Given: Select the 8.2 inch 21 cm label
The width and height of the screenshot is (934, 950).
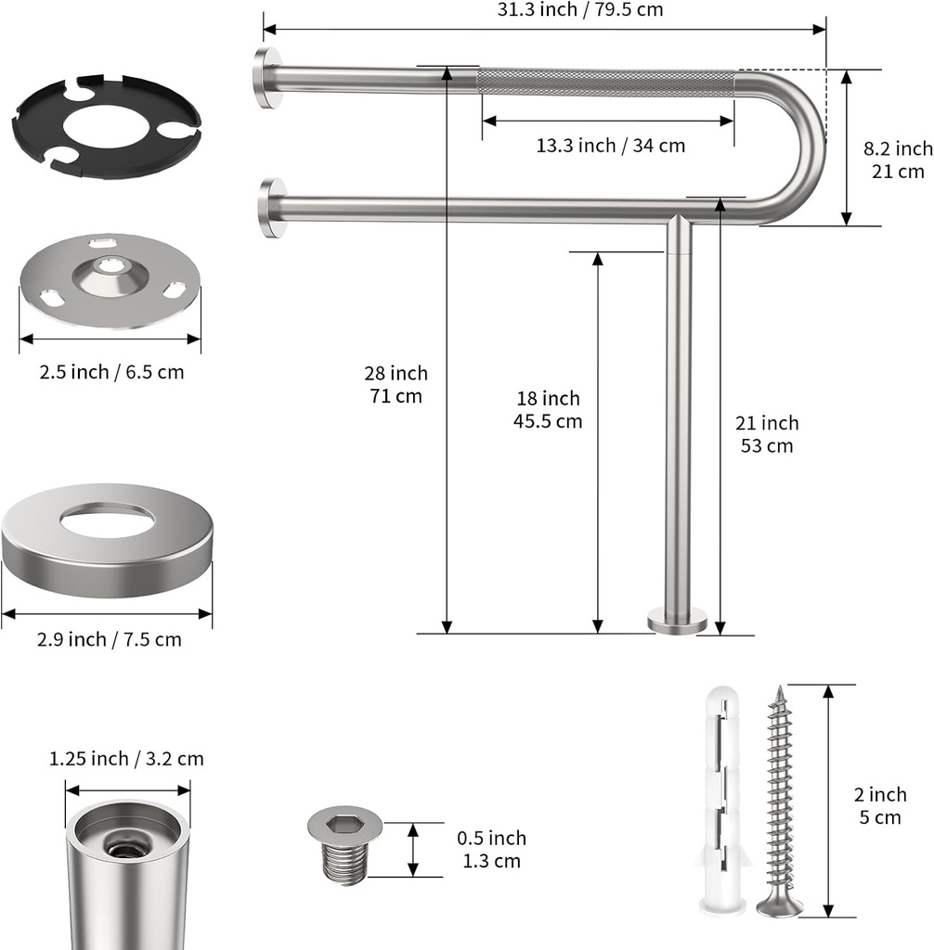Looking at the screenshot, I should (x=897, y=160).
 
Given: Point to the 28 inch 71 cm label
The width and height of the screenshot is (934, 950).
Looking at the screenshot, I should (x=396, y=384).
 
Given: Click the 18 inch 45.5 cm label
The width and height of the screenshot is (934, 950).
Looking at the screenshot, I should (x=548, y=409).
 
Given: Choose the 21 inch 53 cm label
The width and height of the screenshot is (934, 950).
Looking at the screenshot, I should (x=767, y=433).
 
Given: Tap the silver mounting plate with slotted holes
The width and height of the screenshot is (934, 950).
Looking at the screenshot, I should (x=110, y=280).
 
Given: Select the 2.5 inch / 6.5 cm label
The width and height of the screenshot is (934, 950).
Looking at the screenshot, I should (x=111, y=372).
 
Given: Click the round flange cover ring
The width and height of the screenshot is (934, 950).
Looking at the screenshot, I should (x=107, y=538).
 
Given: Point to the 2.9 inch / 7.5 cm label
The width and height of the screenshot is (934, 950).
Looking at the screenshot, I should (x=110, y=639).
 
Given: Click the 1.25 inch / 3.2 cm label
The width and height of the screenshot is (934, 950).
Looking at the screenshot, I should (x=126, y=759).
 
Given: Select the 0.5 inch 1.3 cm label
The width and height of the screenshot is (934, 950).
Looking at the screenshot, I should (x=491, y=849).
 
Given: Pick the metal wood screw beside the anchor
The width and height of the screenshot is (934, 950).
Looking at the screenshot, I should (x=778, y=802).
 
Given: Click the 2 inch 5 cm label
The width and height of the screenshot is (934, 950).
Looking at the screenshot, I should (x=880, y=805).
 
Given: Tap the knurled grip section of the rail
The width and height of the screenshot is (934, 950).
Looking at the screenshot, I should (x=607, y=82).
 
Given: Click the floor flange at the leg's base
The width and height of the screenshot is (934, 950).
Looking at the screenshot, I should (x=677, y=620).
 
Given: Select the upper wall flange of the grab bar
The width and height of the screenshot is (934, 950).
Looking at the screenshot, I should (x=268, y=78).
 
